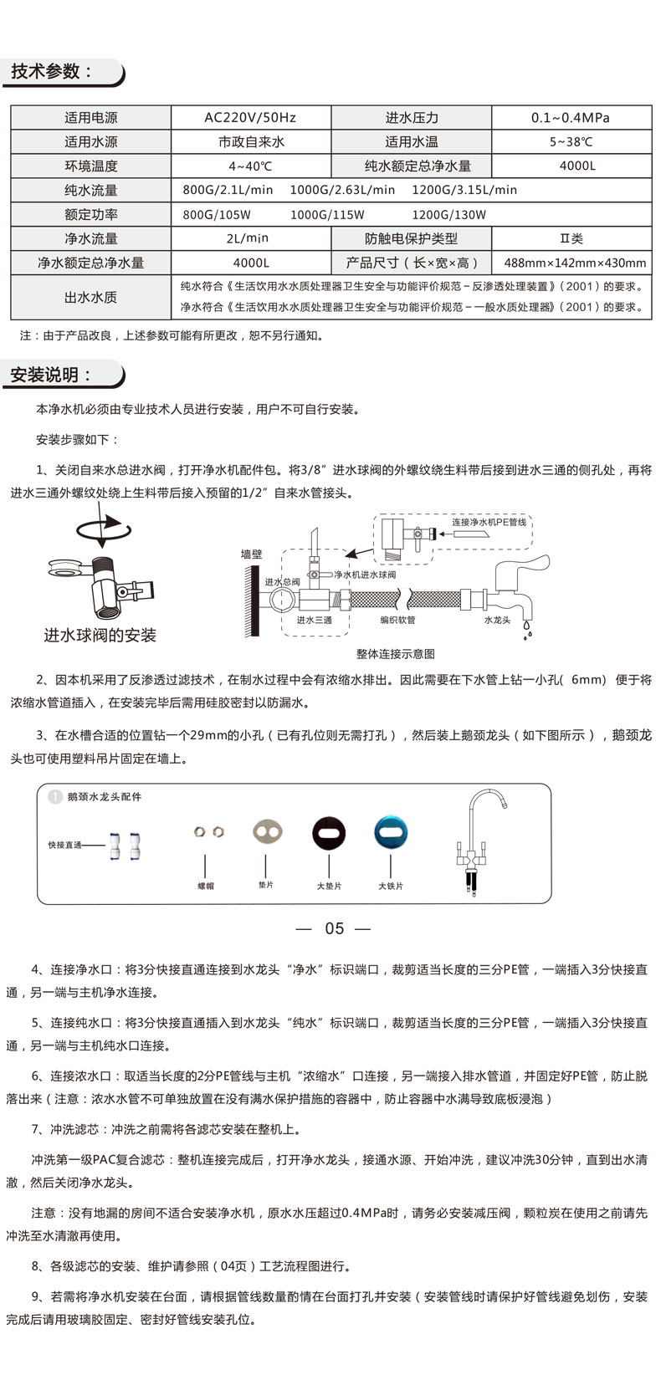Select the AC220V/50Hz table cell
(250, 118)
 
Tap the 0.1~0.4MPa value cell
(571, 118)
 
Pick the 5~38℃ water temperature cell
(571, 142)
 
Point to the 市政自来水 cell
(250, 142)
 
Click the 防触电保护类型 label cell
(411, 239)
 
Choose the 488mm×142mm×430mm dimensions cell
(575, 263)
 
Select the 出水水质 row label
(90, 297)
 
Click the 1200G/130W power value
(448, 215)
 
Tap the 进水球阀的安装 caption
(100, 636)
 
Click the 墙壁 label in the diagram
(251, 554)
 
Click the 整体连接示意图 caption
(395, 654)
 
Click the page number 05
(334, 928)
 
